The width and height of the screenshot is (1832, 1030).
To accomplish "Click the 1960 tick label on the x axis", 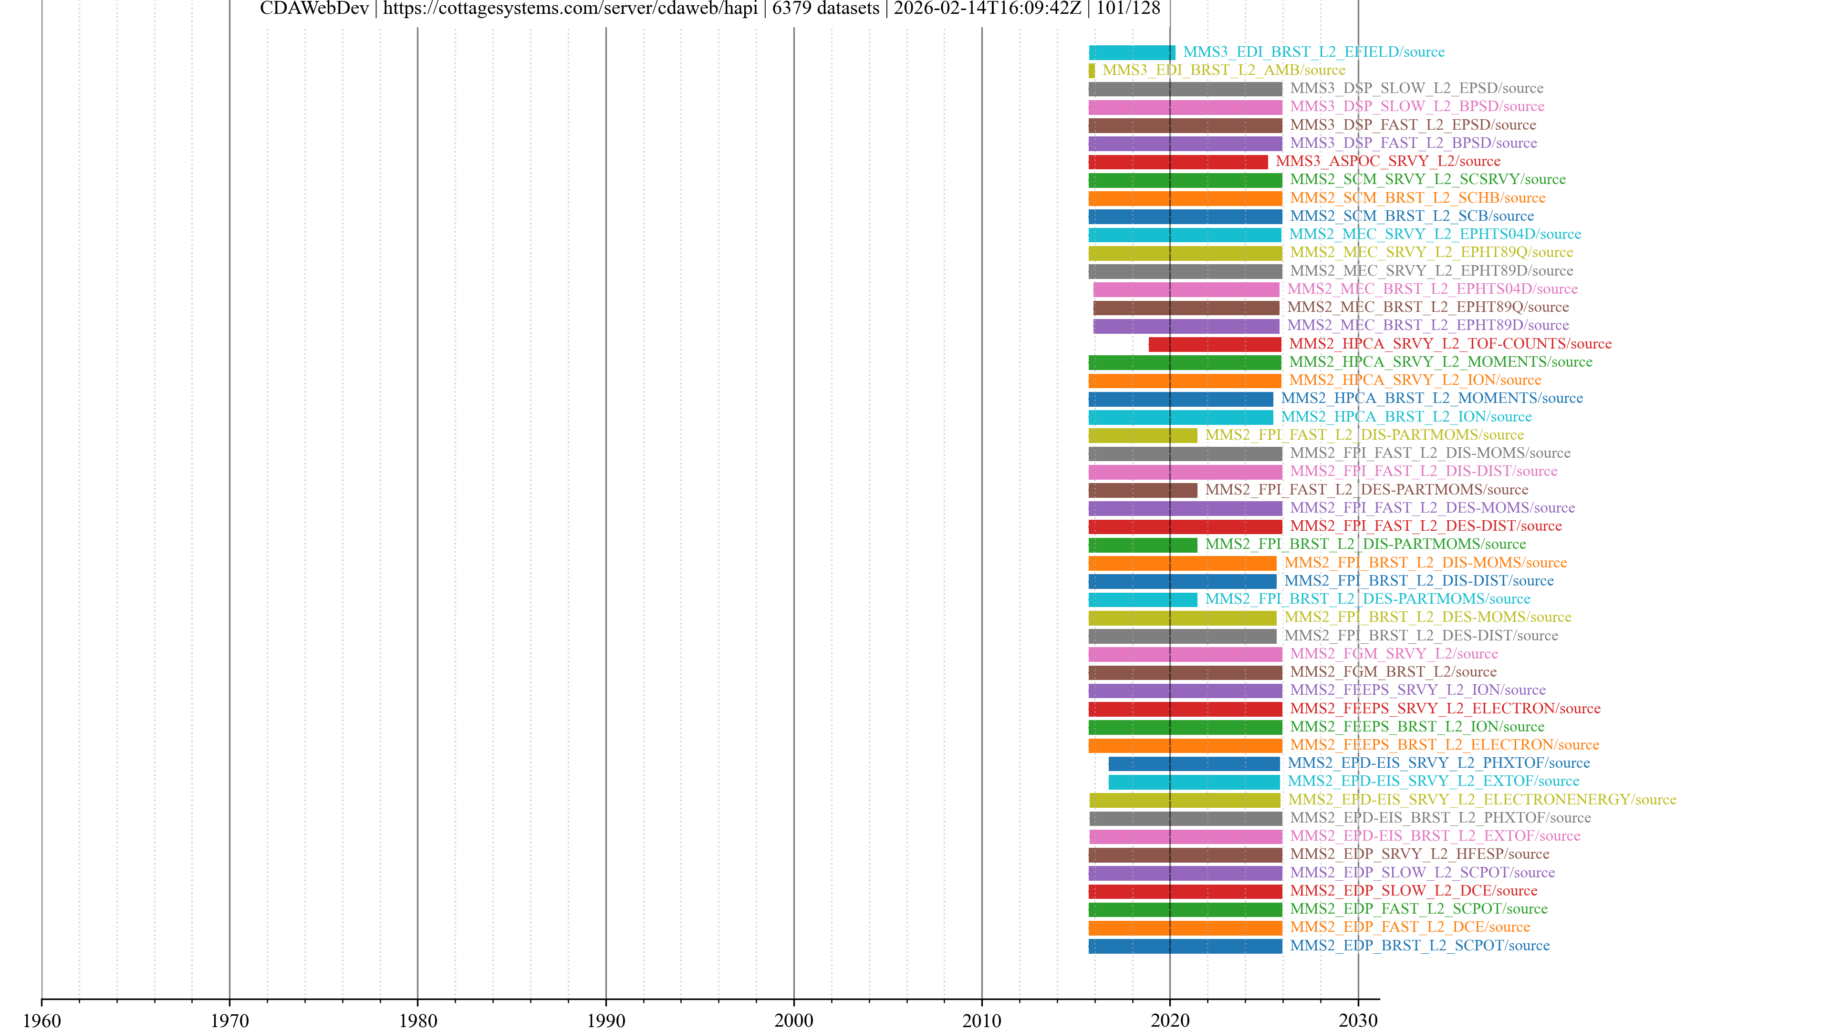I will pos(42,1020).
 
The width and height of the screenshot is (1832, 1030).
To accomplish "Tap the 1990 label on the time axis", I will pos(605,1020).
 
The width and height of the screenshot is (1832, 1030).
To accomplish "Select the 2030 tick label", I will pos(1358,1020).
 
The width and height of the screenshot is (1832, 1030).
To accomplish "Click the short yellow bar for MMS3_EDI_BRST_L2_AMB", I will pos(1092,71).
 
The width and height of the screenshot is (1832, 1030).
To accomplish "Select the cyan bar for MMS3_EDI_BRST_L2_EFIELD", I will pos(1132,52).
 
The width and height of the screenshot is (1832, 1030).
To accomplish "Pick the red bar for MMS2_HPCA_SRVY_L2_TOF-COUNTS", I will pos(1215,344).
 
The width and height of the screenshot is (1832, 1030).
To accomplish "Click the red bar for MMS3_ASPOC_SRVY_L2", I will pos(1178,161).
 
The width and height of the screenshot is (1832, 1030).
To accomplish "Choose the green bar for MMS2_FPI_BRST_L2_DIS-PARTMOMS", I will pos(1142,545).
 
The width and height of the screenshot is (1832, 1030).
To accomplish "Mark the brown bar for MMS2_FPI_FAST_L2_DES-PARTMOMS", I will pos(1142,490).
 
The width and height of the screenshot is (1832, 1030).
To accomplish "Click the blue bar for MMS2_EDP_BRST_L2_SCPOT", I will pos(1185,946).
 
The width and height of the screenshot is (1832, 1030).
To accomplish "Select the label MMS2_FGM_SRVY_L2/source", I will pos(1394,653).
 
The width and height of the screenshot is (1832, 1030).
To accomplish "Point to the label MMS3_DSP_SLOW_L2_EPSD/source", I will pos(1416,88).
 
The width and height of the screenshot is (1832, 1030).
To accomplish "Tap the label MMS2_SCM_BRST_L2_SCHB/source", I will pos(1417,197).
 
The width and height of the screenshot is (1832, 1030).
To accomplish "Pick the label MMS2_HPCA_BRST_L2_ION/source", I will pos(1406,417).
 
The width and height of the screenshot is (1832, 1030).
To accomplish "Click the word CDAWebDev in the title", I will pos(314,9).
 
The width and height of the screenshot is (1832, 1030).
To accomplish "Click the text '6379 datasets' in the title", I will pos(826,9).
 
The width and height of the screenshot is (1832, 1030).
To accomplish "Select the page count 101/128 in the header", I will pos(1128,9).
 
